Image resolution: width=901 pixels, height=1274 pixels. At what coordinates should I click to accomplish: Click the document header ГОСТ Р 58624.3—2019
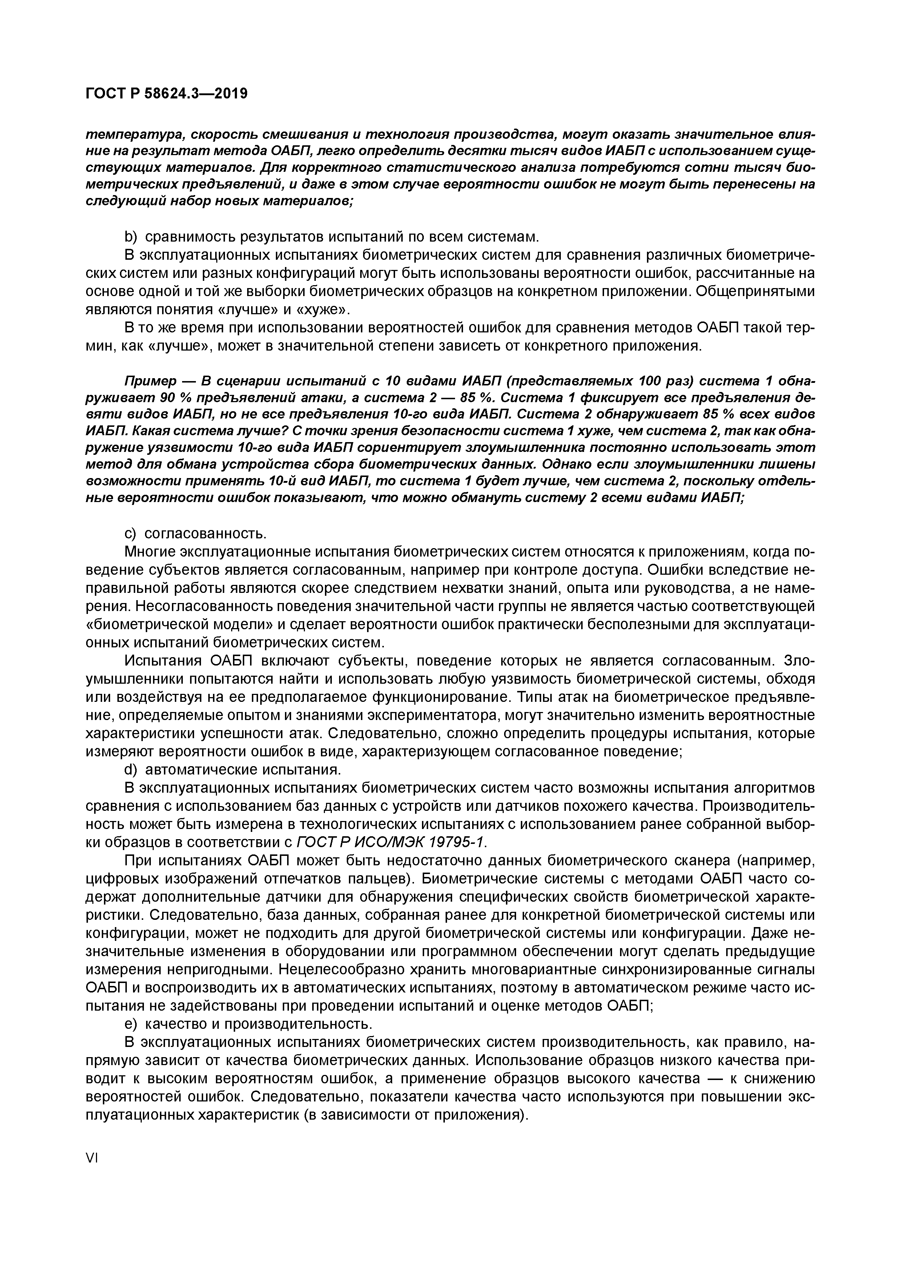(166, 94)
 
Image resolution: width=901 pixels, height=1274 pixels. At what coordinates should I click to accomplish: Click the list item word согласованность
(205, 533)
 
